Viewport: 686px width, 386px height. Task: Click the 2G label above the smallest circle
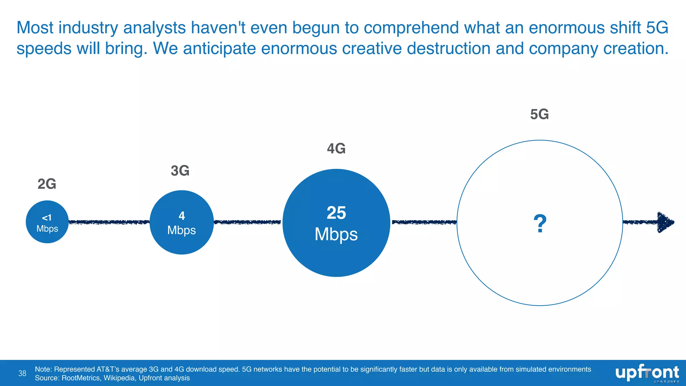pyautogui.click(x=47, y=184)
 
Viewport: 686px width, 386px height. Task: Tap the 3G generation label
pyautogui.click(x=180, y=171)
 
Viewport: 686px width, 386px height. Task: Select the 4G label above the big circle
pyautogui.click(x=336, y=148)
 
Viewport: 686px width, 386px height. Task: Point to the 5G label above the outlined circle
pyautogui.click(x=539, y=114)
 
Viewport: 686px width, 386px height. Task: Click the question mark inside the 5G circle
pyautogui.click(x=540, y=224)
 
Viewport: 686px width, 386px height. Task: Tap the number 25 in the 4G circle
pyautogui.click(x=336, y=213)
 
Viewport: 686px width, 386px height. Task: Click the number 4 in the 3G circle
pyautogui.click(x=182, y=216)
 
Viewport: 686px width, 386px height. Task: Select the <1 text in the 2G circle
pyautogui.click(x=47, y=218)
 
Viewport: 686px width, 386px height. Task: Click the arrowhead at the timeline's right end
pyautogui.click(x=665, y=222)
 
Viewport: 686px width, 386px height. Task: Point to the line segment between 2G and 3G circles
pyautogui.click(x=109, y=222)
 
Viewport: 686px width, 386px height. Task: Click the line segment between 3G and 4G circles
pyautogui.click(x=248, y=222)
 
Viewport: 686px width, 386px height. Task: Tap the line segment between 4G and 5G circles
pyautogui.click(x=424, y=222)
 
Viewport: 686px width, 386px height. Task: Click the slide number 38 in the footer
pyautogui.click(x=22, y=373)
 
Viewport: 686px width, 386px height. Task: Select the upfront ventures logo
pyautogui.click(x=647, y=373)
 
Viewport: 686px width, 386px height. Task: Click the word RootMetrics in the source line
pyautogui.click(x=81, y=378)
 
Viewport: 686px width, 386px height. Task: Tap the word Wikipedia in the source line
pyautogui.click(x=119, y=378)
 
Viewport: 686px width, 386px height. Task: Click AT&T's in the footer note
pyautogui.click(x=108, y=369)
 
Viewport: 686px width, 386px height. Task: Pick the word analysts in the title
pyautogui.click(x=154, y=28)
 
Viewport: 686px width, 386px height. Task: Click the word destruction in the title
pyautogui.click(x=449, y=48)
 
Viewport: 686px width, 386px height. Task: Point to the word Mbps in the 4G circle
pyautogui.click(x=336, y=234)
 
